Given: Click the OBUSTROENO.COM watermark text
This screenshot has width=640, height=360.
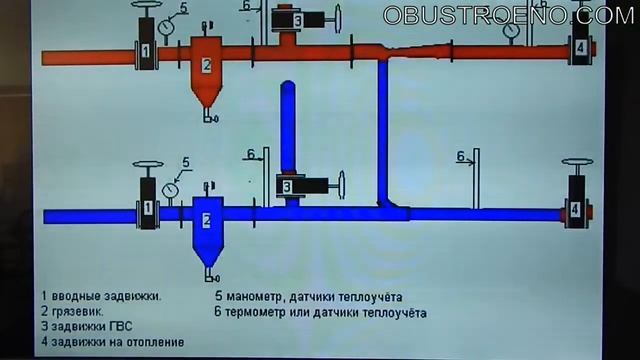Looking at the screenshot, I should click(x=509, y=15).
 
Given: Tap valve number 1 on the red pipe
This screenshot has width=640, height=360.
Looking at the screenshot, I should click(x=146, y=50).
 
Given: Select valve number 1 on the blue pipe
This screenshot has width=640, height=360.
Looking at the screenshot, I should click(x=148, y=207).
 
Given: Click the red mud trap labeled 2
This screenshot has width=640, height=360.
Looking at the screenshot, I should click(x=206, y=68).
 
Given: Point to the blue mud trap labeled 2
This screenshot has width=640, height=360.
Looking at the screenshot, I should click(x=206, y=224).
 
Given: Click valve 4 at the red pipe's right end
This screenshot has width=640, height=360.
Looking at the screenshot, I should click(x=577, y=46).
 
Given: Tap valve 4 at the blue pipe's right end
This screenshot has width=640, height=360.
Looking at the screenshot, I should click(x=576, y=209).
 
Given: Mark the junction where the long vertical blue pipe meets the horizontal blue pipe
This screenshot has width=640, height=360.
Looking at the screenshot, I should click(x=384, y=209).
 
